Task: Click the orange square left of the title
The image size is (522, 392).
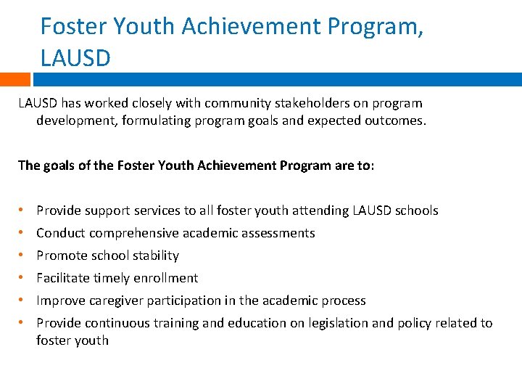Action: tap(15, 79)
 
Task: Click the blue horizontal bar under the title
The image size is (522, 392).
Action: tap(275, 79)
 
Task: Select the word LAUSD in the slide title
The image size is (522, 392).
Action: tap(75, 57)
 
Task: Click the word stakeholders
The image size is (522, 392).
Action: tap(309, 103)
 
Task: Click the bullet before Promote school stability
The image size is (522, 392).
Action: tap(21, 256)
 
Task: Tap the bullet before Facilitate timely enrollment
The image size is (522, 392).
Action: tap(21, 278)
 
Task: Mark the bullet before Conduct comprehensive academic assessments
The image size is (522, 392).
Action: tap(21, 233)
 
